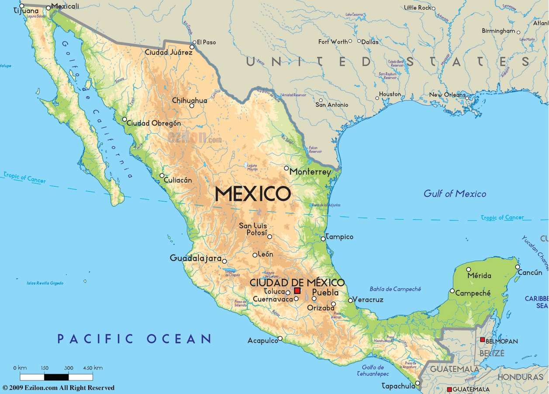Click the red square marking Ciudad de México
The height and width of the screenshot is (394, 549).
[x=297, y=291]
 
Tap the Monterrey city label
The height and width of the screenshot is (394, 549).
[x=311, y=172]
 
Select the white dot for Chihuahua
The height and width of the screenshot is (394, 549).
[x=192, y=105]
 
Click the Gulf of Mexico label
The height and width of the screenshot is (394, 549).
[x=455, y=194]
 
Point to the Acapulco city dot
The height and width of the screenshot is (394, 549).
[x=280, y=338]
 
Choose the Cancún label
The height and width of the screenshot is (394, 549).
[x=530, y=272]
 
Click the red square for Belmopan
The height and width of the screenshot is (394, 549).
[x=482, y=340]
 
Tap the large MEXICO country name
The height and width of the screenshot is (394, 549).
[x=253, y=194]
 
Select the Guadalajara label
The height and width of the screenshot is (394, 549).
[x=196, y=258]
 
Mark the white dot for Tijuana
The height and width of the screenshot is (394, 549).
[x=22, y=6]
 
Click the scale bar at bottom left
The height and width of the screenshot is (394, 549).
[x=56, y=377]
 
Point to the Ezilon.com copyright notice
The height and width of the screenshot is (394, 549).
[x=59, y=388]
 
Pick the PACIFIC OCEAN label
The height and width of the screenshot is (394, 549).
[x=135, y=338]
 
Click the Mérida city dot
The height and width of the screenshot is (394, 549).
[x=469, y=269]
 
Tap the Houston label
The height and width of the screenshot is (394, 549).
[x=390, y=94]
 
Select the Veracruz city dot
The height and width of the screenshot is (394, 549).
[x=350, y=300]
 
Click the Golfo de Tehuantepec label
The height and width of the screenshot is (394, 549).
[x=370, y=370]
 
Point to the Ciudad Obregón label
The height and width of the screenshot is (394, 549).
[x=153, y=123]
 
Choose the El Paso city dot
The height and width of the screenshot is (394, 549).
[x=193, y=46]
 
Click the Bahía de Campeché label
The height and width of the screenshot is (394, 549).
[x=395, y=289]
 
